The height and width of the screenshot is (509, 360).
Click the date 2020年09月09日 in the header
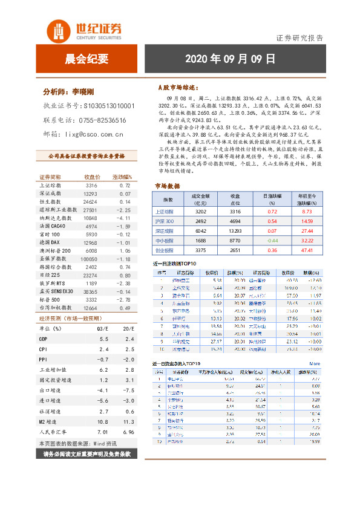click(x=230, y=59)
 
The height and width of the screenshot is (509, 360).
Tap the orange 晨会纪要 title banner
click(x=87, y=59)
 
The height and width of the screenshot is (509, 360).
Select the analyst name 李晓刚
click(x=85, y=92)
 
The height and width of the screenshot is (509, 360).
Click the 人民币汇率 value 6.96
click(x=128, y=433)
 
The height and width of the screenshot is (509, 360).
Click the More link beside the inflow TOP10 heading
click(x=314, y=364)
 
